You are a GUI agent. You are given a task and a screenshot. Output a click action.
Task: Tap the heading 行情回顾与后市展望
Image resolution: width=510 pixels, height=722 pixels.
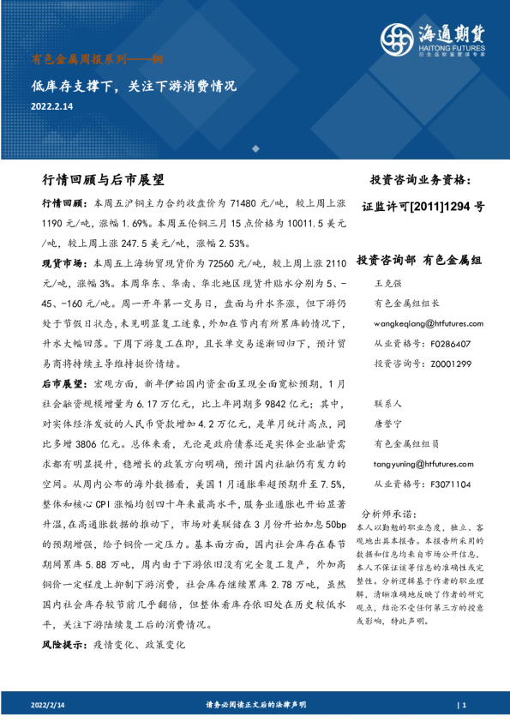[103, 181]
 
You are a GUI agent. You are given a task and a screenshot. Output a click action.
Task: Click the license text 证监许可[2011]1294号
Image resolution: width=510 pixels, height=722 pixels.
[423, 207]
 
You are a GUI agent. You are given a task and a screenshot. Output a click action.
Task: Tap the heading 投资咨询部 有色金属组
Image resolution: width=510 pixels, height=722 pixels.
[419, 259]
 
